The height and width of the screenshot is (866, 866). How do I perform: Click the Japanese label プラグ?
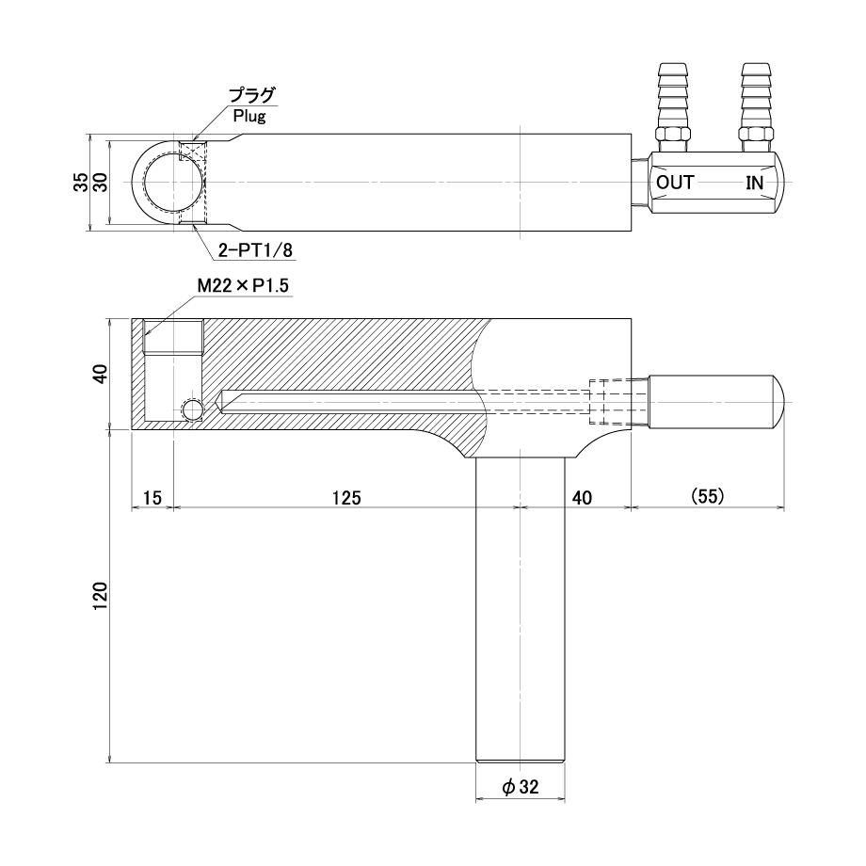coord(252,96)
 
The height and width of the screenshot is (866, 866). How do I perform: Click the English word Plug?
coord(249,116)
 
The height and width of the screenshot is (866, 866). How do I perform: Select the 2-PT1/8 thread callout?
coord(255,250)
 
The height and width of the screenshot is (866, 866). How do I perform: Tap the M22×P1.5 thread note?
coord(243,285)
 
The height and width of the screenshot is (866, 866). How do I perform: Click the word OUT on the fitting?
coord(675,183)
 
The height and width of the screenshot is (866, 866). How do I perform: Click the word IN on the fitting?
coord(754,183)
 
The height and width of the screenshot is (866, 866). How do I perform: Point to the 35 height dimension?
coord(81,183)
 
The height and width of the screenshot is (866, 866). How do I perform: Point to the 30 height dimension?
coord(100,183)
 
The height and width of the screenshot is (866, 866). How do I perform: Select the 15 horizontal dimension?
coord(152,498)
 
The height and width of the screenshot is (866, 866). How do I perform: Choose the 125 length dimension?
coord(346,498)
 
